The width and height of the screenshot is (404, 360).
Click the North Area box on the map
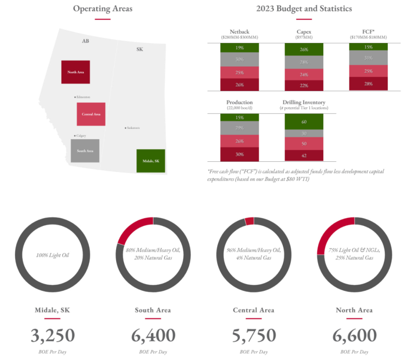tap(75, 72)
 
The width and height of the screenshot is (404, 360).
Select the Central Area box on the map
tap(91, 114)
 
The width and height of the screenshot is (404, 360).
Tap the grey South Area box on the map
tap(85, 151)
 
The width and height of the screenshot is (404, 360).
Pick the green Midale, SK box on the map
tap(150, 161)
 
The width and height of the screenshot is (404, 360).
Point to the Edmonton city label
tap(83, 97)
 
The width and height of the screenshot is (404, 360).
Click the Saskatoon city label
tap(133, 128)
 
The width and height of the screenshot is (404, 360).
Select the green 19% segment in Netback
tap(239, 48)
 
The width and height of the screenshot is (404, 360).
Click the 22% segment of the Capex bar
tap(304, 85)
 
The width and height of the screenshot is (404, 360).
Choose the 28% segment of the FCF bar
tap(369, 83)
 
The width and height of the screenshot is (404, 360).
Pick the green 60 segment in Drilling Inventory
tap(304, 122)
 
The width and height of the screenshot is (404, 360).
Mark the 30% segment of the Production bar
tap(239, 154)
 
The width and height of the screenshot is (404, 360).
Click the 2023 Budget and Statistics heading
tap(304, 9)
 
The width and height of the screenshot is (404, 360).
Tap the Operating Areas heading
tap(103, 9)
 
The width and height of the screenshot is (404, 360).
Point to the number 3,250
tap(53, 335)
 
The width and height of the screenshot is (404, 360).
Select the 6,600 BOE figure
tap(355, 335)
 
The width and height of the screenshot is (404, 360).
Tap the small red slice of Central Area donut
tap(249, 221)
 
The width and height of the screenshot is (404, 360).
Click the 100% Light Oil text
tap(53, 255)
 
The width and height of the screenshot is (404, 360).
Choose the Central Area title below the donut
tap(254, 310)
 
